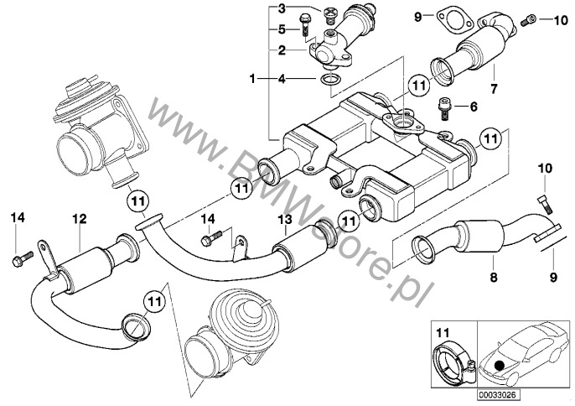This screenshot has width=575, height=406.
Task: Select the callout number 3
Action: pyautogui.click(x=282, y=8)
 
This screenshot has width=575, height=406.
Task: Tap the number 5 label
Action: pyautogui.click(x=282, y=29)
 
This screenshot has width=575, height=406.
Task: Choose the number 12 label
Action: pyautogui.click(x=79, y=220)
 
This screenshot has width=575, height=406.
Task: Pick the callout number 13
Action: pyautogui.click(x=283, y=220)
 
